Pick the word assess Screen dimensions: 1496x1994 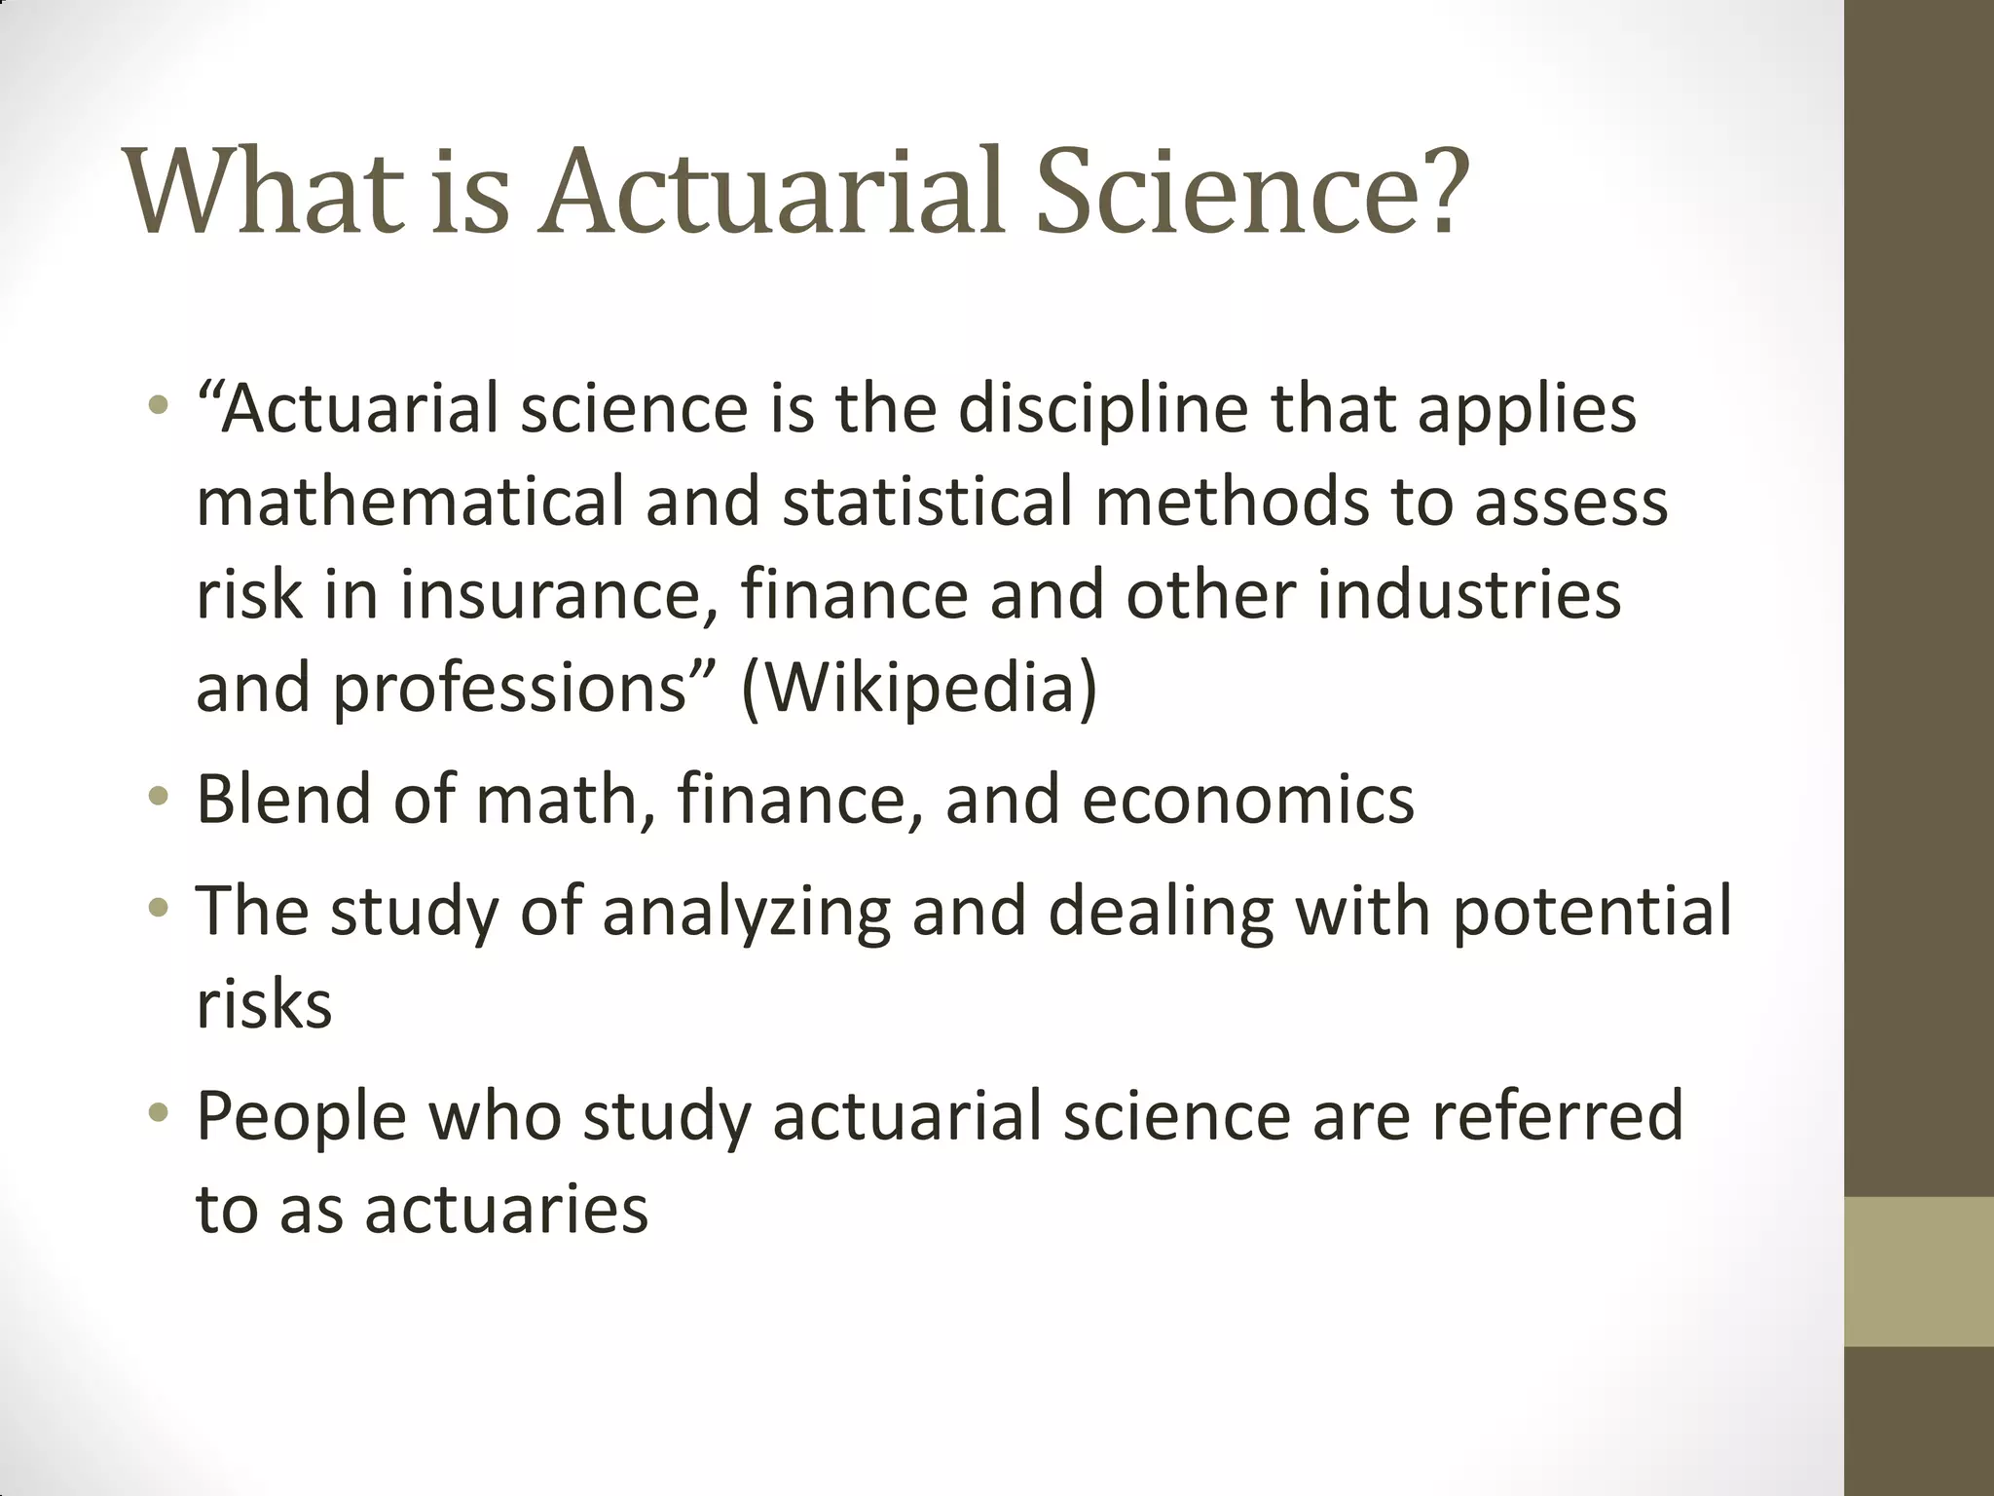click(1570, 501)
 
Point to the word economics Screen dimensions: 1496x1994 click(1247, 799)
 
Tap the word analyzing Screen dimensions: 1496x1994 click(746, 912)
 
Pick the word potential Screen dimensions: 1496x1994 click(1592, 912)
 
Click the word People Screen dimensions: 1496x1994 click(301, 1116)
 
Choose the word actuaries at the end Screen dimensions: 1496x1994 click(506, 1210)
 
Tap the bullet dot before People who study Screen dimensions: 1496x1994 click(159, 1114)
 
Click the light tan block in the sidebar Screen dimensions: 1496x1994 click(1919, 1271)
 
